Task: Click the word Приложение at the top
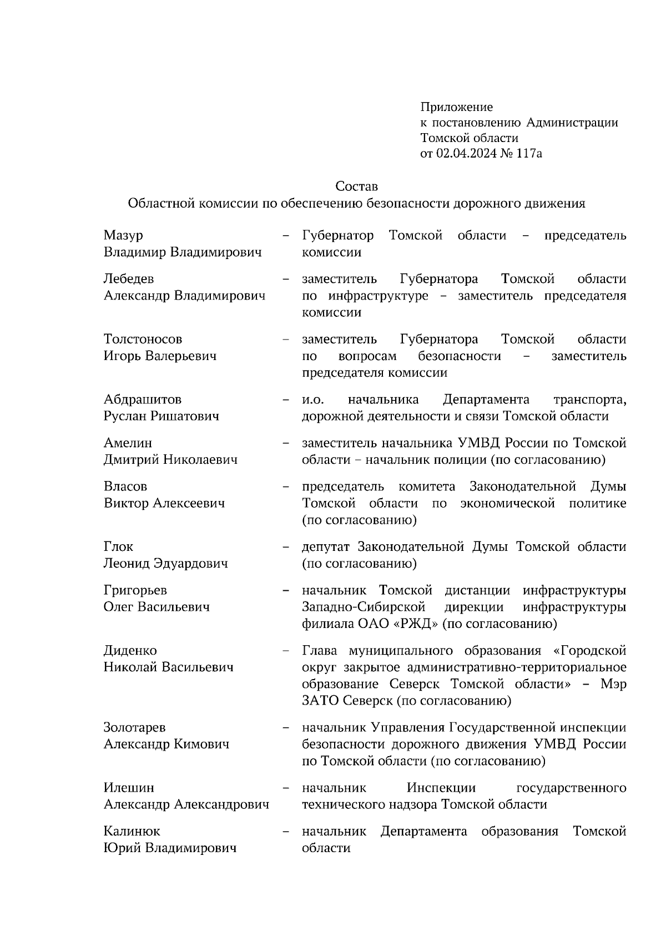click(x=456, y=107)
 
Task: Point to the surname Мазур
click(x=123, y=236)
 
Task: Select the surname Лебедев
click(x=129, y=279)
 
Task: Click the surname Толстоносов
click(x=143, y=340)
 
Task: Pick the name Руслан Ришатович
click(x=161, y=417)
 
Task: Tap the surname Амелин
click(x=128, y=443)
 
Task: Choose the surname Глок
click(x=118, y=547)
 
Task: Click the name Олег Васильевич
click(x=157, y=607)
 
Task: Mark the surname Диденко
click(x=130, y=651)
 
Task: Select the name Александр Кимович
click(x=166, y=745)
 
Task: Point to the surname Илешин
click(x=129, y=788)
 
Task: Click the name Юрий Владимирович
click(x=170, y=848)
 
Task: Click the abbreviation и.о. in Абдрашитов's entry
click(x=313, y=400)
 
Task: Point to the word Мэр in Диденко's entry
click(x=614, y=684)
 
